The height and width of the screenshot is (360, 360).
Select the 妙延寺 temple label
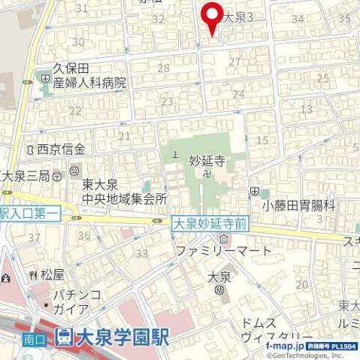(207, 160)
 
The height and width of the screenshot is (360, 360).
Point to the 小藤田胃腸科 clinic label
(298, 204)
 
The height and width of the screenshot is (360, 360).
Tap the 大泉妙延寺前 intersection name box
(210, 223)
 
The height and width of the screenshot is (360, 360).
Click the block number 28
(163, 68)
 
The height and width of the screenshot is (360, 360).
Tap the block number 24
(238, 94)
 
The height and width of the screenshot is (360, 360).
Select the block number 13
(306, 109)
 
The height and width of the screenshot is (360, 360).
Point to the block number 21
(124, 135)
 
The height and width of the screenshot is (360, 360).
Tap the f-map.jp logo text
(283, 346)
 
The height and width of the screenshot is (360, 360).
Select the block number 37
(35, 237)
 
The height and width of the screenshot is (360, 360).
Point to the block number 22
(74, 111)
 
